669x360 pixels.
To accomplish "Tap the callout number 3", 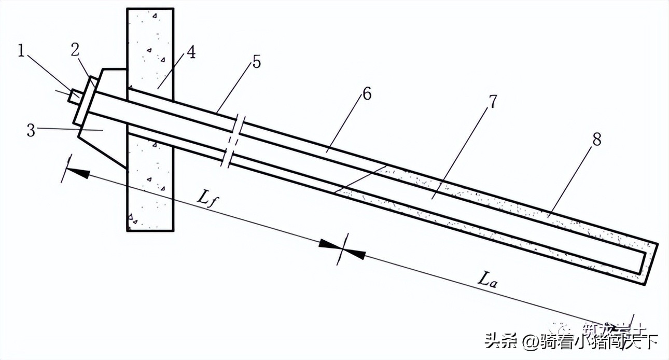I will [32, 130].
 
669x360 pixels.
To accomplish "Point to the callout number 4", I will [191, 53].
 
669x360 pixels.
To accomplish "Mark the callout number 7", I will [492, 102].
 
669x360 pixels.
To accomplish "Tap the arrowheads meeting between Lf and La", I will [342, 248].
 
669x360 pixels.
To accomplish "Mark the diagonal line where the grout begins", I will [360, 179].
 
